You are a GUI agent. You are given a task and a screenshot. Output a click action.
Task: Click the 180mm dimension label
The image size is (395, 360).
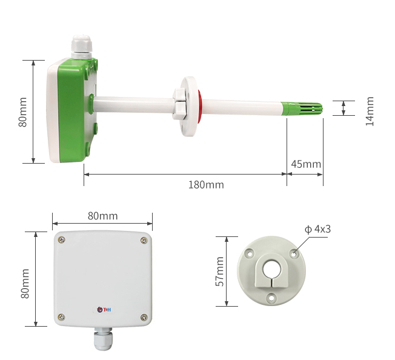pyautogui.click(x=206, y=185)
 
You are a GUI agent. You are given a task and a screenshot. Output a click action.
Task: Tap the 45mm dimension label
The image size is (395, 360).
pyautogui.click(x=306, y=164)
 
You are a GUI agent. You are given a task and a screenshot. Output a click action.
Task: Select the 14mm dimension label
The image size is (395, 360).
pyautogui.click(x=370, y=111)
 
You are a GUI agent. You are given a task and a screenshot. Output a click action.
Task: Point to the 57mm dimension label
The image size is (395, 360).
pyautogui.click(x=220, y=272)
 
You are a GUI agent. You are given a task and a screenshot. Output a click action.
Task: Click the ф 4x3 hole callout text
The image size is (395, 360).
pyautogui.click(x=317, y=229)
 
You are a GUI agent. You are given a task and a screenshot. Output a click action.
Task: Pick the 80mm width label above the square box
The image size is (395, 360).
pyautogui.click(x=102, y=216)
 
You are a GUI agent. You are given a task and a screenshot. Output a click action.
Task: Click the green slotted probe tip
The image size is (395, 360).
pyautogui.click(x=302, y=108)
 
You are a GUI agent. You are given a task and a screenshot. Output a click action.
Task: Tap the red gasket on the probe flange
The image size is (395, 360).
pyautogui.click(x=199, y=107)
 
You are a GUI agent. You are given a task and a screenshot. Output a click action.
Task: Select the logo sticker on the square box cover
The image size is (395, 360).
pyautogui.click(x=104, y=310)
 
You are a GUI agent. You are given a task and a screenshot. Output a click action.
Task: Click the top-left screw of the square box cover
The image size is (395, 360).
pyautogui.click(x=61, y=239)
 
